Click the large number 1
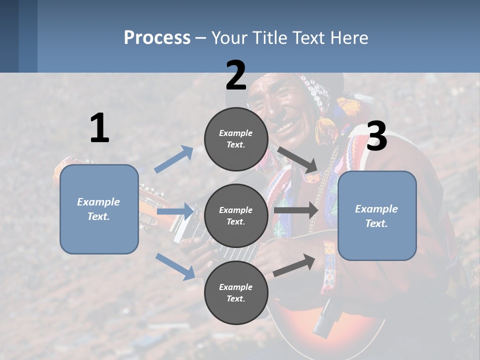[x=99, y=128]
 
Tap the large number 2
[x=235, y=75]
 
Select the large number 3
[x=376, y=136]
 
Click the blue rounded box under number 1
[x=99, y=209]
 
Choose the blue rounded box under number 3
[x=377, y=215]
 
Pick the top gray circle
[x=236, y=138]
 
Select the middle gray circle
[x=236, y=215]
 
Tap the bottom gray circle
[x=236, y=292]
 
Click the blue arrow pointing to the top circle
[x=174, y=159]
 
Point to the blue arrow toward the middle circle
[x=175, y=212]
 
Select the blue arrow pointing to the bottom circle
[x=175, y=266]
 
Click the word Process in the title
[x=157, y=37]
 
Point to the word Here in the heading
[x=349, y=37]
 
